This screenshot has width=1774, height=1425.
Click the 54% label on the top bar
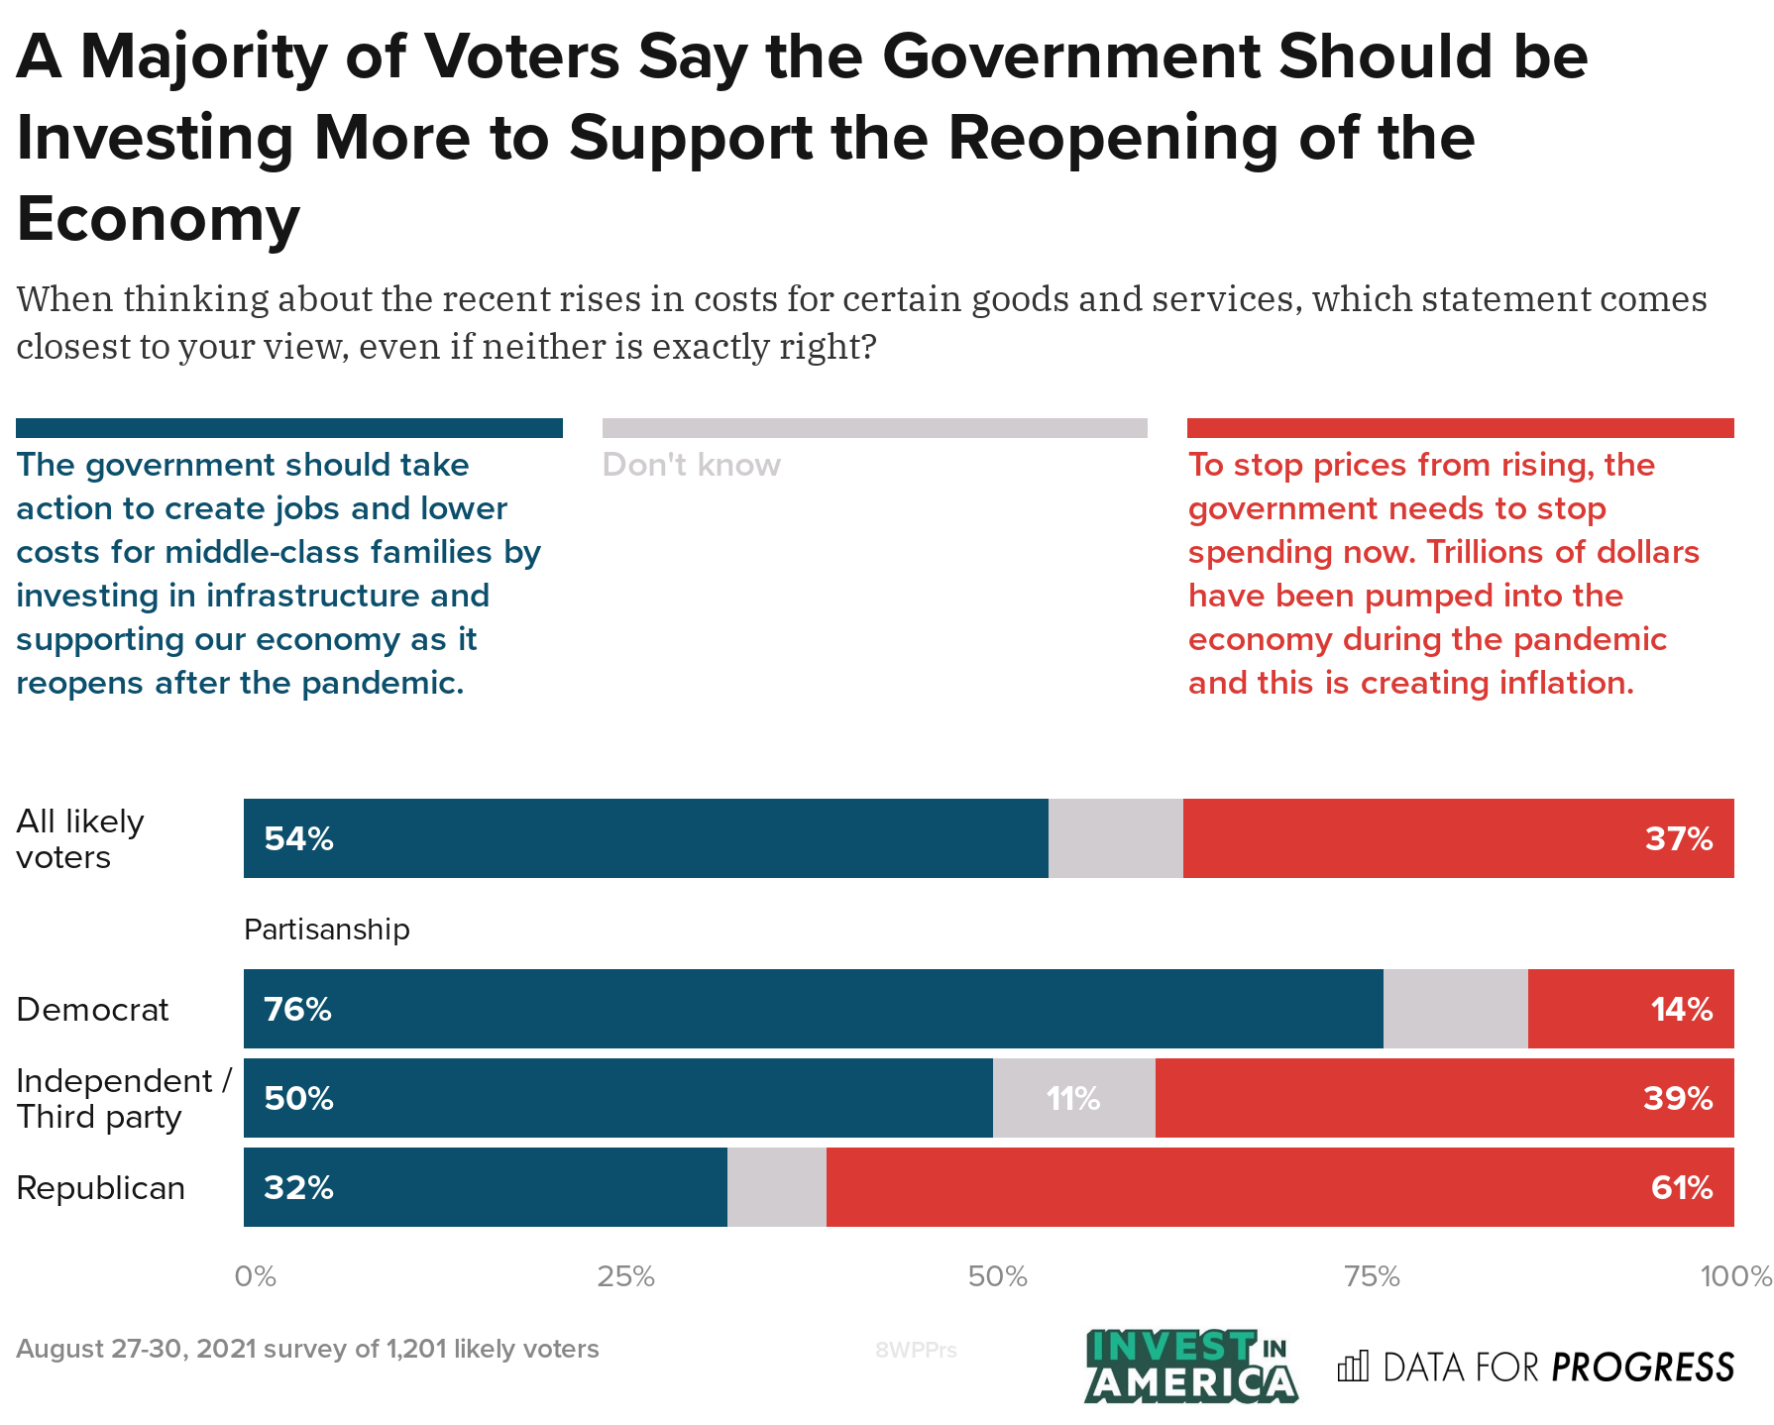(298, 839)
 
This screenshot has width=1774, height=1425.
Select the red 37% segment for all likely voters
(1457, 838)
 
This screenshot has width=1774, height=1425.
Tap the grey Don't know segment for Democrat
(1455, 1009)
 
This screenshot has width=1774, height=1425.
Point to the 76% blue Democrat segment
(813, 1009)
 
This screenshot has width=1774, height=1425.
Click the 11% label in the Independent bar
(1073, 1099)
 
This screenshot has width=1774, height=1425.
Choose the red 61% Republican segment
(1278, 1187)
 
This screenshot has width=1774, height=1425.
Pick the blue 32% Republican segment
(485, 1187)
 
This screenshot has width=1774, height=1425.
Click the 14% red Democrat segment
(1630, 1009)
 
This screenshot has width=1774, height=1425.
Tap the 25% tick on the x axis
(625, 1276)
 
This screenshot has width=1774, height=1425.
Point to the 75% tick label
(1372, 1276)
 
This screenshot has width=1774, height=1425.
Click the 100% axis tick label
(1735, 1276)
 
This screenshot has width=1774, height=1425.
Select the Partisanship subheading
(326, 930)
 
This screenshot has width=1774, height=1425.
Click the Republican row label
(101, 1187)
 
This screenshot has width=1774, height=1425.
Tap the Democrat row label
(93, 1010)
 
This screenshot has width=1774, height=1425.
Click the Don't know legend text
(691, 465)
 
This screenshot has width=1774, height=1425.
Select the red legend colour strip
(1460, 428)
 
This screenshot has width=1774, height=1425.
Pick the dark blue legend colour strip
(288, 428)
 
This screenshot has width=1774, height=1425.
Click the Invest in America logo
(1191, 1367)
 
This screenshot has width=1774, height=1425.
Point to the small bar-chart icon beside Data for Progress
(1352, 1367)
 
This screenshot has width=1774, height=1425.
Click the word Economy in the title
(159, 219)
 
